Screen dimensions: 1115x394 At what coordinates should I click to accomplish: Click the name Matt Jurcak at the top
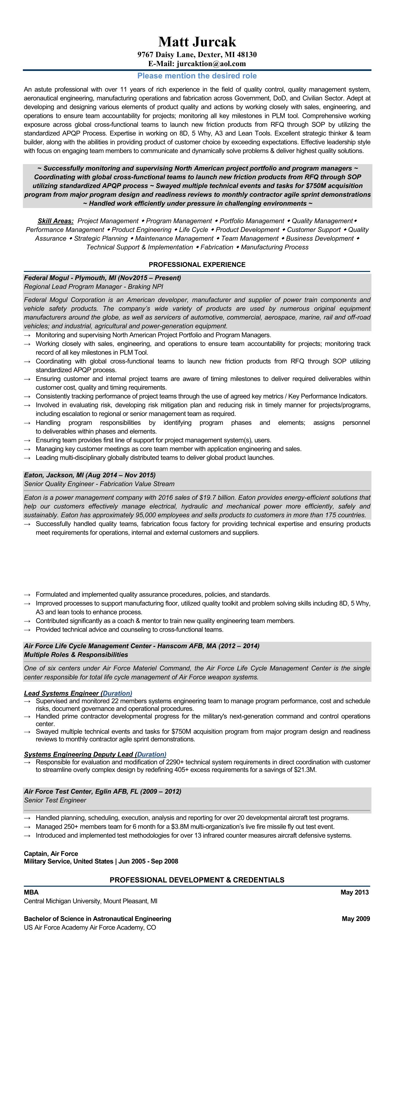197,42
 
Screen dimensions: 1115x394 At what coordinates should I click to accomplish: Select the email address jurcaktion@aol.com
211,64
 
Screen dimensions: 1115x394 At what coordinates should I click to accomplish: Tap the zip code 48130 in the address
247,54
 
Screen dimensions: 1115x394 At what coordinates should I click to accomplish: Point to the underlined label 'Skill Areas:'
55,221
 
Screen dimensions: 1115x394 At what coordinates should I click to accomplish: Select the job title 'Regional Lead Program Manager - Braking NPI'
93,287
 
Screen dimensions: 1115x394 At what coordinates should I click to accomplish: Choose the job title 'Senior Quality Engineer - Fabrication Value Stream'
99,484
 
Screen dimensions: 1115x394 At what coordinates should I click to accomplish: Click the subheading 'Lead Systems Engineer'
61,693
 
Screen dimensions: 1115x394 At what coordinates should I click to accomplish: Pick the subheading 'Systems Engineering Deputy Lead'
78,754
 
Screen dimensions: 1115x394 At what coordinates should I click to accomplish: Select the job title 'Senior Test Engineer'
55,800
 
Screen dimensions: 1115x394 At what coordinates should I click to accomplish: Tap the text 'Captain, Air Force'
51,853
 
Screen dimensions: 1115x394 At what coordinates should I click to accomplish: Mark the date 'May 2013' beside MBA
355,892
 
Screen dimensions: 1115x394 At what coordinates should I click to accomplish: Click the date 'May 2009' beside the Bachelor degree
356,918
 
